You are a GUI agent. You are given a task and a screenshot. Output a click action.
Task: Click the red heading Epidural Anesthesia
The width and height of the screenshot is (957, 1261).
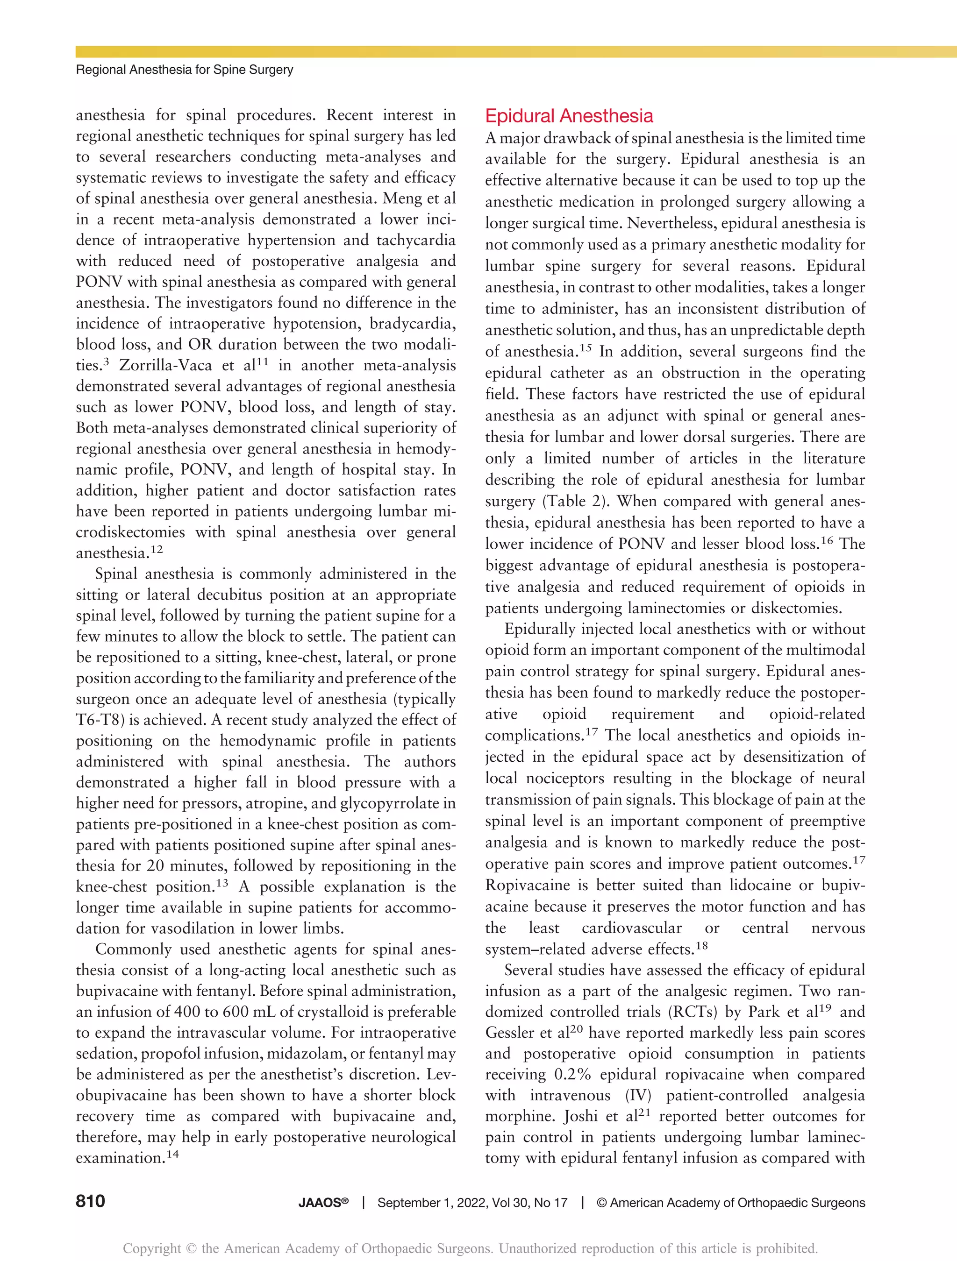(569, 116)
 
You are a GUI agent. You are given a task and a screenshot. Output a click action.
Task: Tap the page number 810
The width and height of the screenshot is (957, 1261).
(90, 1202)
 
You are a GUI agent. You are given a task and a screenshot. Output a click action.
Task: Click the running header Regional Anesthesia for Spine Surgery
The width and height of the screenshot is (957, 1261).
(184, 70)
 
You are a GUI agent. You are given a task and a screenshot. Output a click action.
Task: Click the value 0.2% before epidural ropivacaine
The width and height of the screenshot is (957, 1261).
(572, 1075)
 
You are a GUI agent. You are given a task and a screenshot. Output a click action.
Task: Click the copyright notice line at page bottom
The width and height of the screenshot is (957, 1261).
(471, 1248)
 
